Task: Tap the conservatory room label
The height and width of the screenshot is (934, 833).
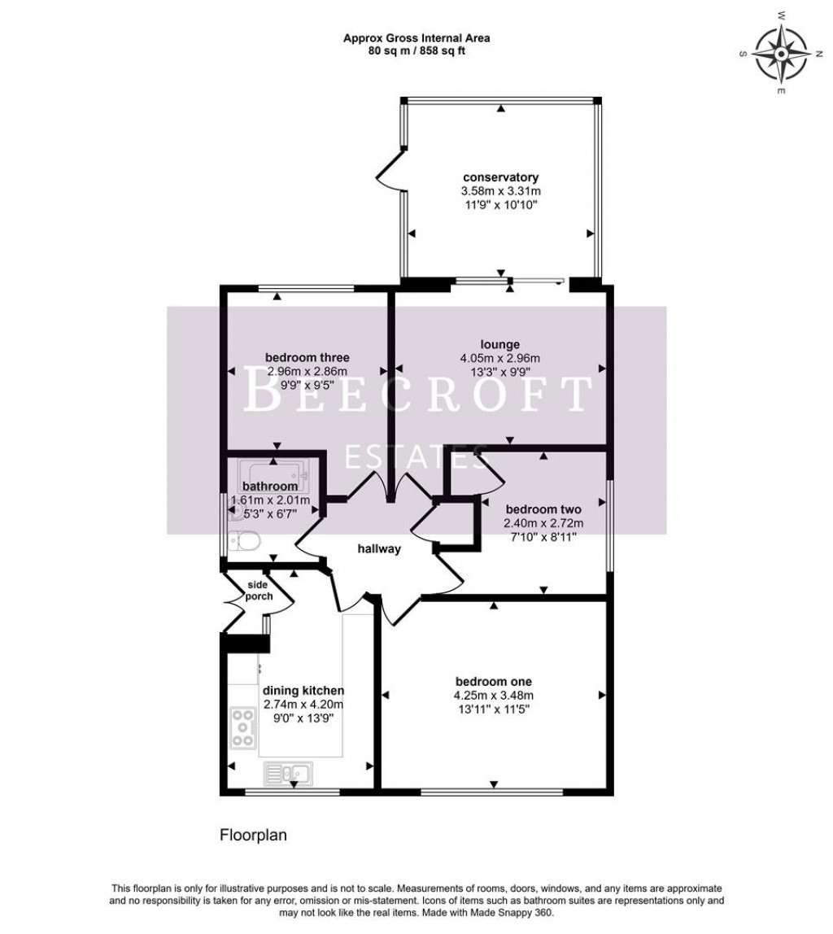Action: tap(500, 177)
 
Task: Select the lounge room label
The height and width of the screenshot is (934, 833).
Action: tap(499, 344)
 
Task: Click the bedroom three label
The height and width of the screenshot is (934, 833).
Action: tap(307, 357)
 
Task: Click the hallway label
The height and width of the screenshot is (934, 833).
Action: tap(379, 549)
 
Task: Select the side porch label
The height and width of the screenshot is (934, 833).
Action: tap(258, 591)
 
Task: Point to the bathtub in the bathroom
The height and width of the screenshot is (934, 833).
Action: tap(274, 471)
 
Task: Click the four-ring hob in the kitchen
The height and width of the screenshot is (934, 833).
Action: tap(243, 728)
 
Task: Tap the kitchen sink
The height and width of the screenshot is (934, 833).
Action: tap(286, 772)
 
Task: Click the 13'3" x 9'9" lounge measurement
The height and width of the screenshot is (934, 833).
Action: tap(499, 371)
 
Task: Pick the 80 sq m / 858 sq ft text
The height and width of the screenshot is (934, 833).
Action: tap(416, 50)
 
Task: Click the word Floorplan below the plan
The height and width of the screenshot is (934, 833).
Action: tap(253, 835)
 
